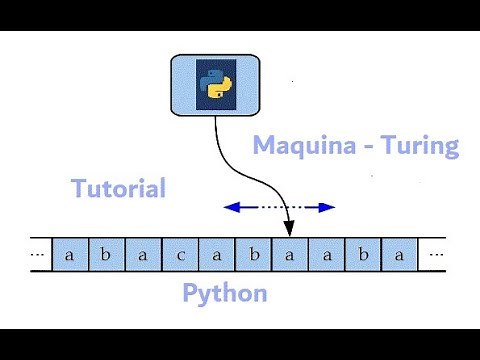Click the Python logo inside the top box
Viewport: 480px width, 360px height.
(215, 85)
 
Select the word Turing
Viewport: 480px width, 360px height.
(419, 146)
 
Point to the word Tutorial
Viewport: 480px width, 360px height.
(118, 187)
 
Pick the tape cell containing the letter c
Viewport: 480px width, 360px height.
(180, 254)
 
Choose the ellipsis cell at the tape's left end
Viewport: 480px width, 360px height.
(38, 254)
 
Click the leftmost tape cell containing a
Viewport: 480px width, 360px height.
(69, 254)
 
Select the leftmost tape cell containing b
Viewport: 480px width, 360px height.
(106, 254)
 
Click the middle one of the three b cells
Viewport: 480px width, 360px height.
(254, 254)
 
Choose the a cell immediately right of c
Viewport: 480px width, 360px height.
(217, 254)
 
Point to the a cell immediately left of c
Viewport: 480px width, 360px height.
(143, 254)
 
